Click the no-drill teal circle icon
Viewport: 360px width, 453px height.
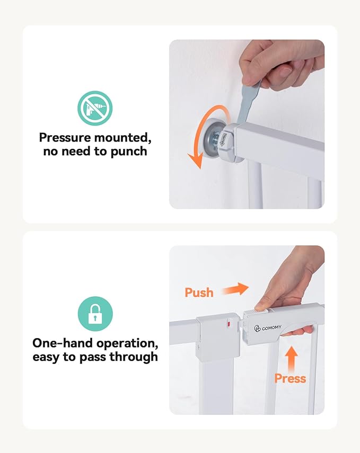[x=94, y=108]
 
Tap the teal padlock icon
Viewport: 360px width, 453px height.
[x=95, y=314]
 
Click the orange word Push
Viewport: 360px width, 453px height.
[x=199, y=292]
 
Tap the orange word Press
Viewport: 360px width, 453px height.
[x=290, y=378]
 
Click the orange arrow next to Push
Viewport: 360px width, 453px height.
[x=235, y=289]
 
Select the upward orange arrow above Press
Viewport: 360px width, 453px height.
[x=292, y=359]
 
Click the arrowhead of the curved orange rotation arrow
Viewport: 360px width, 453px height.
[x=196, y=160]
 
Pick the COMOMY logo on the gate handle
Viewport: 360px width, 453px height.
[x=267, y=328]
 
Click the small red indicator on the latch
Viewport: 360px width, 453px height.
[x=229, y=324]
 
